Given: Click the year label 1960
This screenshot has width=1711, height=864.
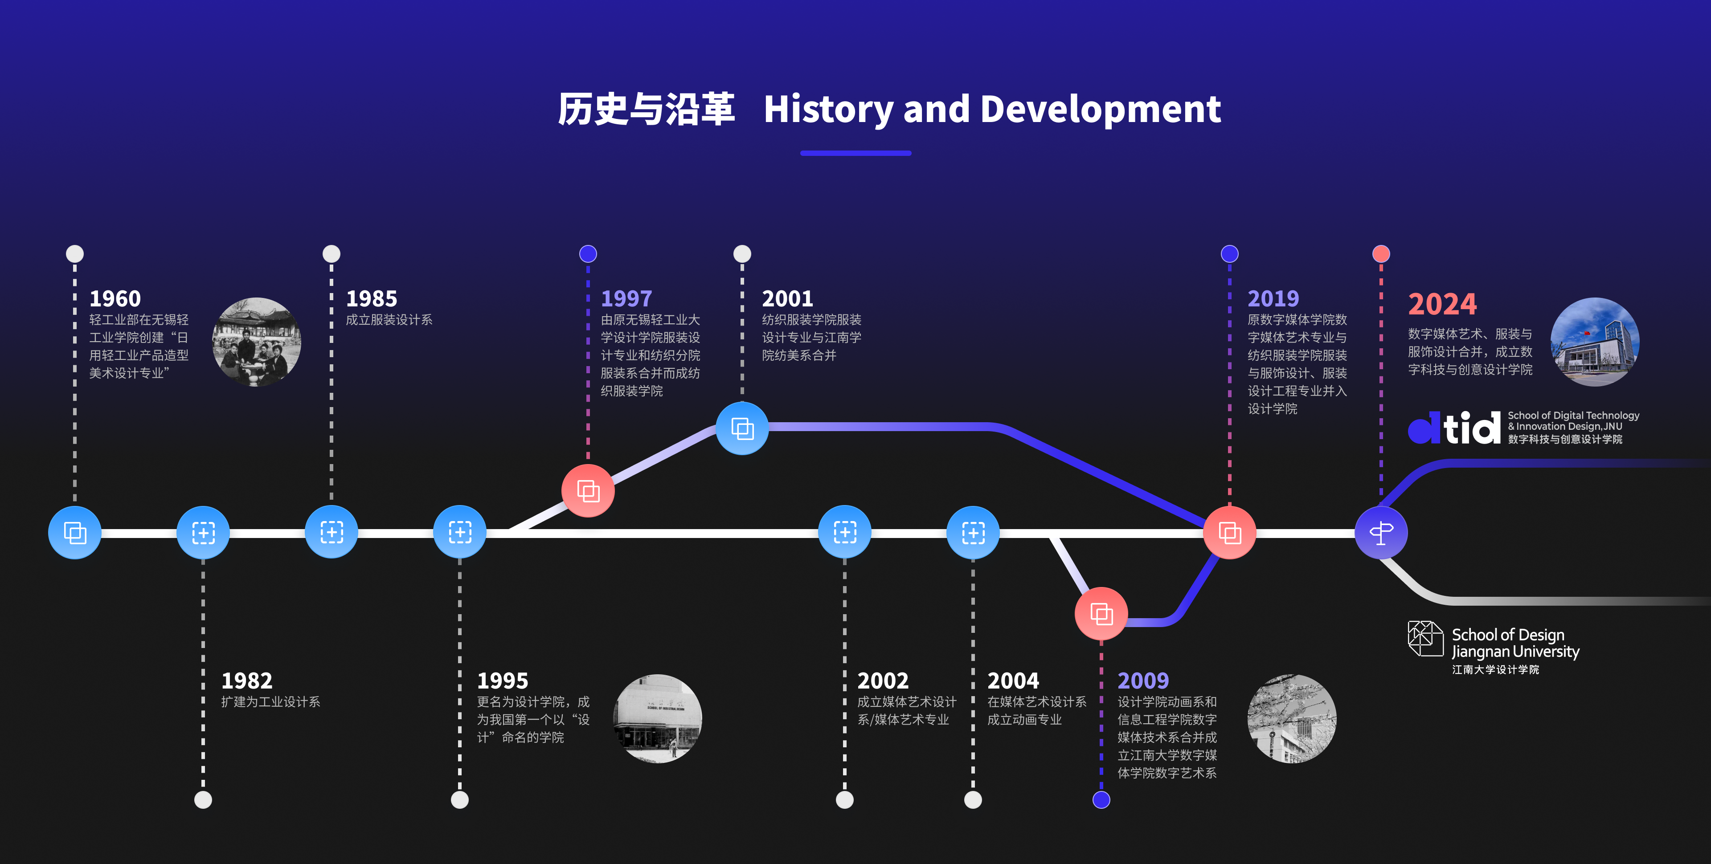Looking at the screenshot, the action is point(115,299).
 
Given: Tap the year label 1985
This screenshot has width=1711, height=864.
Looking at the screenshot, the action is point(371,299).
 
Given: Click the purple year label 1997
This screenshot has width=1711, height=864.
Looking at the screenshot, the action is point(626,299).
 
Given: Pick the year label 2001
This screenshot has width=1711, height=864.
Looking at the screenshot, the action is point(787,299).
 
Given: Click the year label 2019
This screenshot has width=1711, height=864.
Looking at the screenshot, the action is point(1273,299).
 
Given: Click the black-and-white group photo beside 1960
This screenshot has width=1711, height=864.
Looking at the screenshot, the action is point(256,342).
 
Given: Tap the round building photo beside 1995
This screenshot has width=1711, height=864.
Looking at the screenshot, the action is point(658,718).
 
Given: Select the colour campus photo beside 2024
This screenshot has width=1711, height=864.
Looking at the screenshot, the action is point(1595,342).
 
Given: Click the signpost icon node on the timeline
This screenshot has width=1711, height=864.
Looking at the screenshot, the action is point(1381,533).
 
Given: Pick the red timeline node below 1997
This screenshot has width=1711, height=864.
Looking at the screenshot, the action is point(588,491).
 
